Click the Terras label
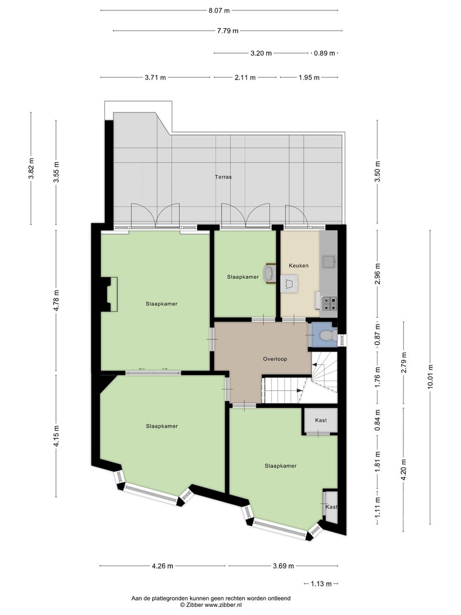[223, 177]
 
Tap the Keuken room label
[298, 266]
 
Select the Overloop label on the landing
[275, 359]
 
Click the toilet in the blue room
[327, 336]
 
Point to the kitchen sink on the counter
[328, 261]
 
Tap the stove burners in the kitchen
[329, 303]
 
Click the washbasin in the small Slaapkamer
[269, 273]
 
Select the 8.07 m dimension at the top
[219, 10]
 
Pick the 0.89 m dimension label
[324, 53]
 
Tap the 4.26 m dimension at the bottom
[163, 566]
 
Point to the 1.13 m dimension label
[321, 584]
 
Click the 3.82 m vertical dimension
[31, 169]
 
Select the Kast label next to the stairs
[321, 420]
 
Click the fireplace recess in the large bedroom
[110, 295]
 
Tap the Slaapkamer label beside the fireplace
[161, 304]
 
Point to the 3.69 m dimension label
[283, 566]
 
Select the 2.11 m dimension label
[245, 78]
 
